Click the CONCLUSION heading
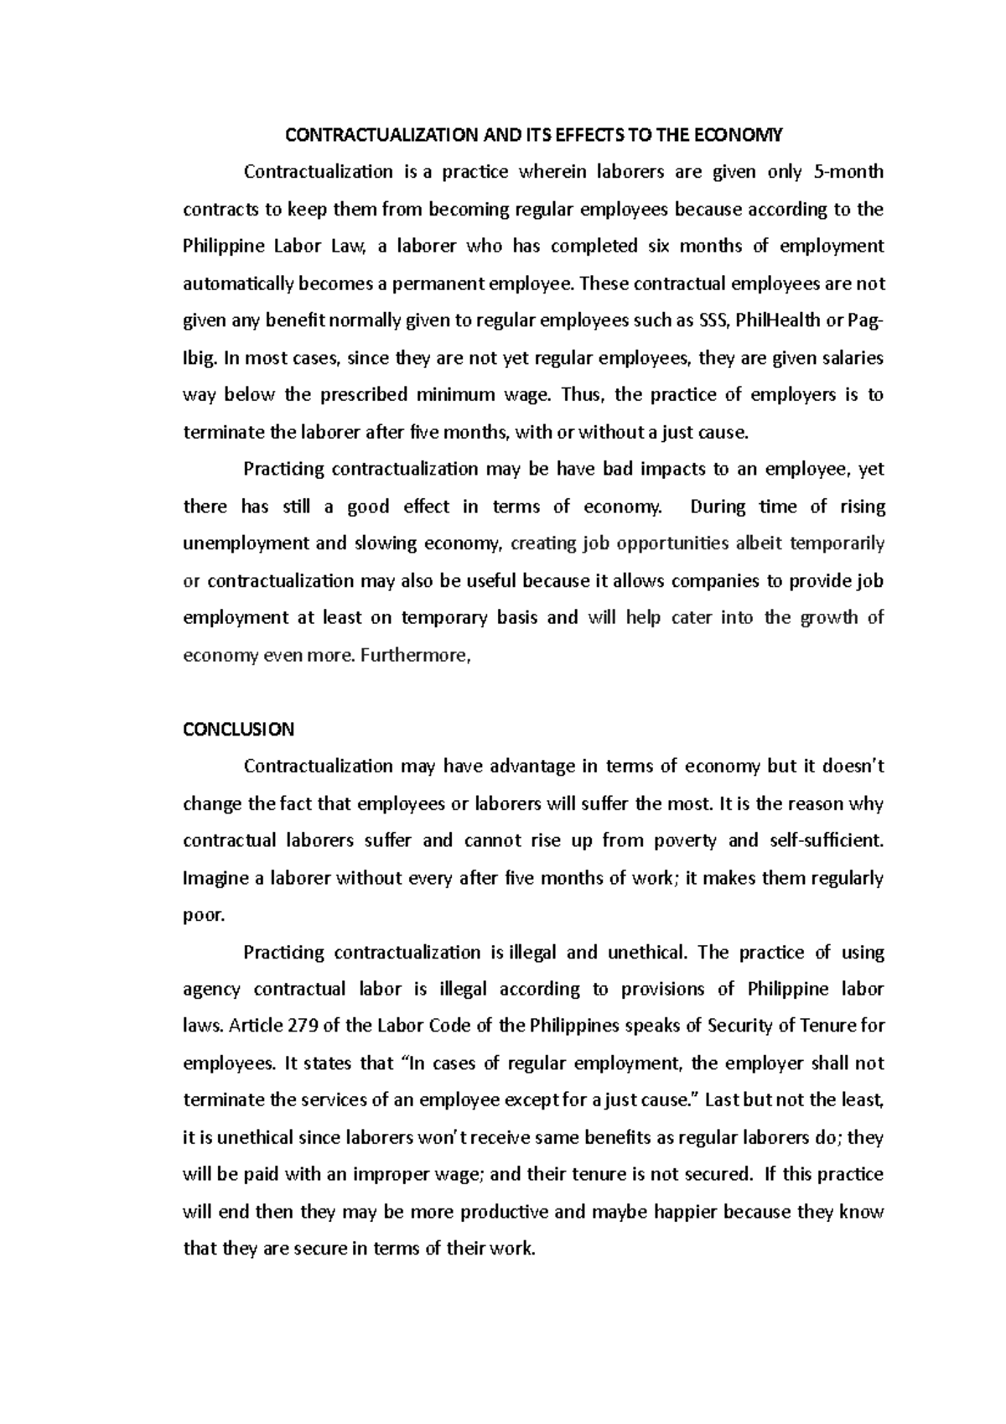(238, 729)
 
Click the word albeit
(762, 543)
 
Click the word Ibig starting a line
(200, 358)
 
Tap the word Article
(257, 1026)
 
